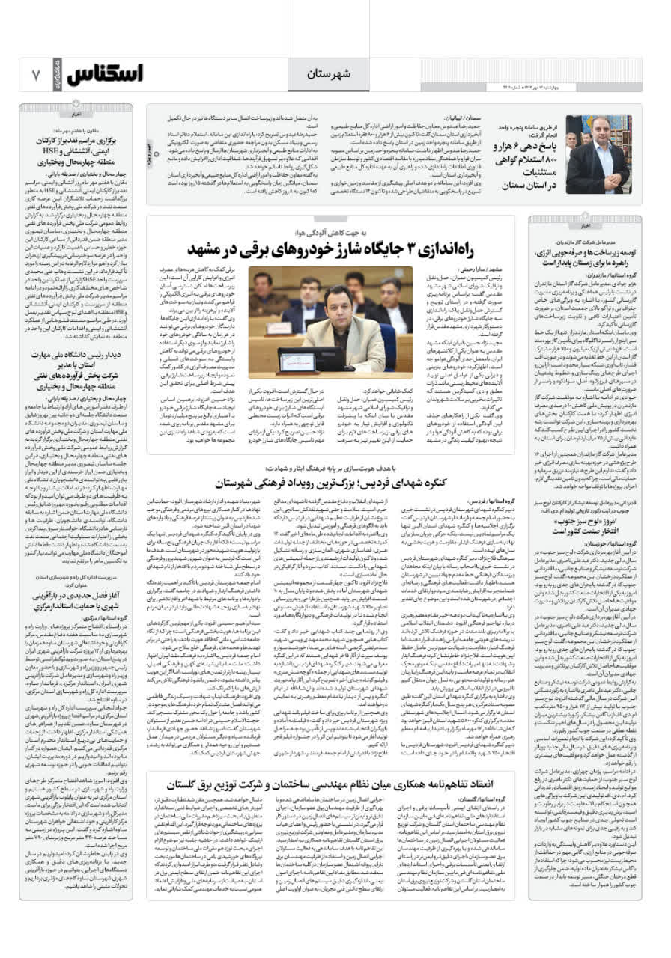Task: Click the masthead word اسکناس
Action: pyautogui.click(x=105, y=74)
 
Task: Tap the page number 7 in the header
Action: pyautogui.click(x=35, y=75)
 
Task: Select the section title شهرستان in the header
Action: pyautogui.click(x=324, y=73)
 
